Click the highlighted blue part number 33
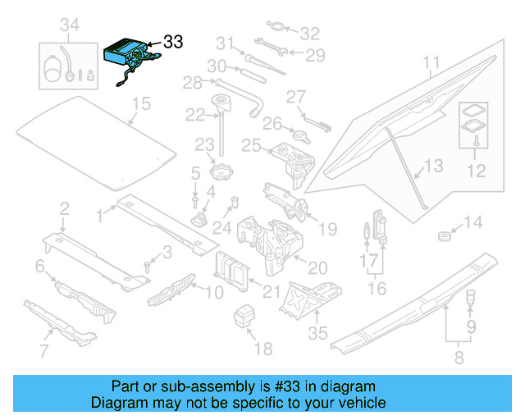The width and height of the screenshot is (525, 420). (130, 57)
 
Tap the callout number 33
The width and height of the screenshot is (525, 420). (173, 41)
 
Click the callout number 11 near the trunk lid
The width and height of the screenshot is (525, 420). (431, 62)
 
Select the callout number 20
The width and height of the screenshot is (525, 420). (317, 267)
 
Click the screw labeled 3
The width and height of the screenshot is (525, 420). (148, 265)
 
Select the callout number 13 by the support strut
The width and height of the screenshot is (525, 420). (433, 167)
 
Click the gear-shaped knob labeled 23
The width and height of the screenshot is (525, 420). (221, 173)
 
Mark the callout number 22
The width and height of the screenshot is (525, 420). (194, 115)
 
